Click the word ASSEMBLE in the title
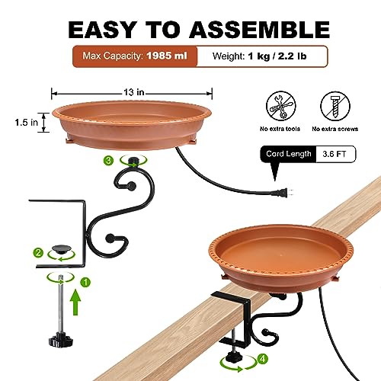click(259, 30)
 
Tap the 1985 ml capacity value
click(167, 56)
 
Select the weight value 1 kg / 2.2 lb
click(277, 56)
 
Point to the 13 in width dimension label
click(134, 92)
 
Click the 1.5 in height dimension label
click(27, 123)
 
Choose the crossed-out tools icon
click(281, 106)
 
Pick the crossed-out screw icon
click(335, 106)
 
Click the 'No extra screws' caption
click(335, 129)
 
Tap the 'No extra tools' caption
click(280, 129)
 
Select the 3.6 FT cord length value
click(335, 154)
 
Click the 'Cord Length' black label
click(289, 154)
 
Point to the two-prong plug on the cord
click(282, 193)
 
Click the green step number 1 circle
click(85, 282)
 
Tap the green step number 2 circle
click(38, 253)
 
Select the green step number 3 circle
click(108, 161)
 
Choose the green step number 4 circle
click(262, 359)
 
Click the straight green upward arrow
click(75, 303)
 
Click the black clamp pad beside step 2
click(61, 249)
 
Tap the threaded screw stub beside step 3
click(133, 161)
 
